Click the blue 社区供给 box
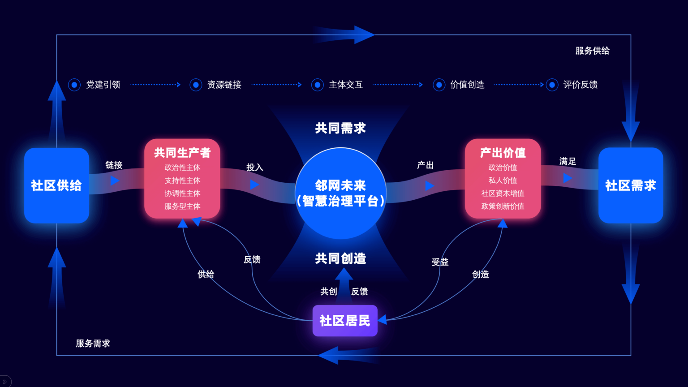(56, 185)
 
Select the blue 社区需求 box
(630, 185)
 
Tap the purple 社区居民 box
(345, 321)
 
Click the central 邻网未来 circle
(340, 193)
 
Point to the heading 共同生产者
(182, 153)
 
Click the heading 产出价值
(503, 153)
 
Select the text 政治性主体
(182, 168)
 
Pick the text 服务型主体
(182, 206)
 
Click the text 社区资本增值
(503, 193)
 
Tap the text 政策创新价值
(503, 206)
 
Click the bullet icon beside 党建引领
(74, 85)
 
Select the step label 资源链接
(224, 85)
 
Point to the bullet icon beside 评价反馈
(552, 85)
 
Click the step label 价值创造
(467, 85)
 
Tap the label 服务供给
(592, 51)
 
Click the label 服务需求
(93, 344)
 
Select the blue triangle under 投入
(254, 185)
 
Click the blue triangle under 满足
(567, 178)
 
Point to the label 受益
(440, 262)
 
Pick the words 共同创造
(340, 258)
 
